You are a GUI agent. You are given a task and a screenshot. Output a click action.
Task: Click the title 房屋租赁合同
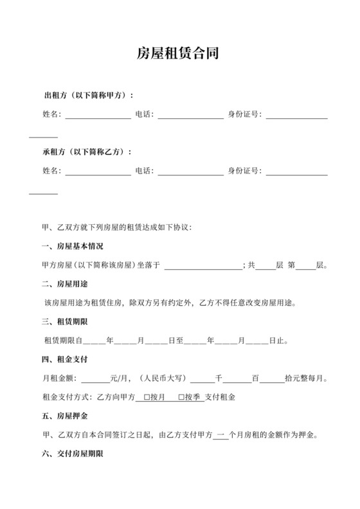point(179,53)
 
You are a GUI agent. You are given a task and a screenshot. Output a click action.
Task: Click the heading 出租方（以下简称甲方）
point(88,96)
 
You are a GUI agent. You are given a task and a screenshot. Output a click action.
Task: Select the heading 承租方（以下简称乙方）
point(87,152)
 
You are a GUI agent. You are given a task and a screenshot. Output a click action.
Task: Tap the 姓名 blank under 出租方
point(98,116)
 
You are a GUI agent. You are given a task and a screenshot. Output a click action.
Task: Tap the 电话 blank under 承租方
point(191,172)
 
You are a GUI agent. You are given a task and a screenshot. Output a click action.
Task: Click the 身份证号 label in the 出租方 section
point(245,115)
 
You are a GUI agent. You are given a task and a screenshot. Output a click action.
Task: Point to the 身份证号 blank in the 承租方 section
point(297,172)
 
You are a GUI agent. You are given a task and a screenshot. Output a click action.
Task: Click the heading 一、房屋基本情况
point(72,246)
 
